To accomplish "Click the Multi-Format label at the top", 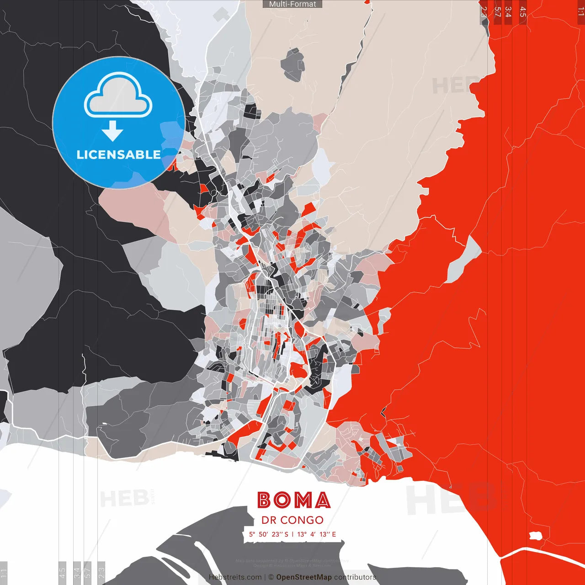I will pos(292,4).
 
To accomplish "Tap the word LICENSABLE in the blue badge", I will pos(118,154).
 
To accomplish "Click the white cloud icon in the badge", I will pos(118,96).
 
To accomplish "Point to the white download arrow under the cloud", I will pos(112,130).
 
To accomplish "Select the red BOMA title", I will pos(293,500).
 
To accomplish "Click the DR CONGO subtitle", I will pos(292,520).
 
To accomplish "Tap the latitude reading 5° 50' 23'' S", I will pos(269,534).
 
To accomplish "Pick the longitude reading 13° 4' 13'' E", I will pos(317,534).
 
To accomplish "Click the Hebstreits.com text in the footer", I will pos(235,577).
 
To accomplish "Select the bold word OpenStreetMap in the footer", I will pos(304,577).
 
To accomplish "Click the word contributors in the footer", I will pos(355,577).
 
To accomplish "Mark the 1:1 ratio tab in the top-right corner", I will pos(580,11).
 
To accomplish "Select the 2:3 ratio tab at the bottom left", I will pos(101,573).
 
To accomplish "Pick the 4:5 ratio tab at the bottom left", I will pos(62,573).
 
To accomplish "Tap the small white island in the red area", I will pos(535,536).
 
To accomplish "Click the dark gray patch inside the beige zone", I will pos(293,65).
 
